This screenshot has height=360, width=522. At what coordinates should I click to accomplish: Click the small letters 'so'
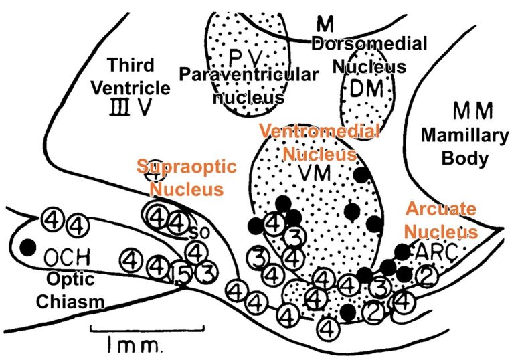coord(193,233)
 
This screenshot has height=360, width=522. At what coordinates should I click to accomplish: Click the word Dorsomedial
coord(369,46)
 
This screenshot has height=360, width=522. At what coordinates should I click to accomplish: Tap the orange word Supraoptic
coord(187,167)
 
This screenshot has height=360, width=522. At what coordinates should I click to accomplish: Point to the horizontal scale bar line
coord(146,327)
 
